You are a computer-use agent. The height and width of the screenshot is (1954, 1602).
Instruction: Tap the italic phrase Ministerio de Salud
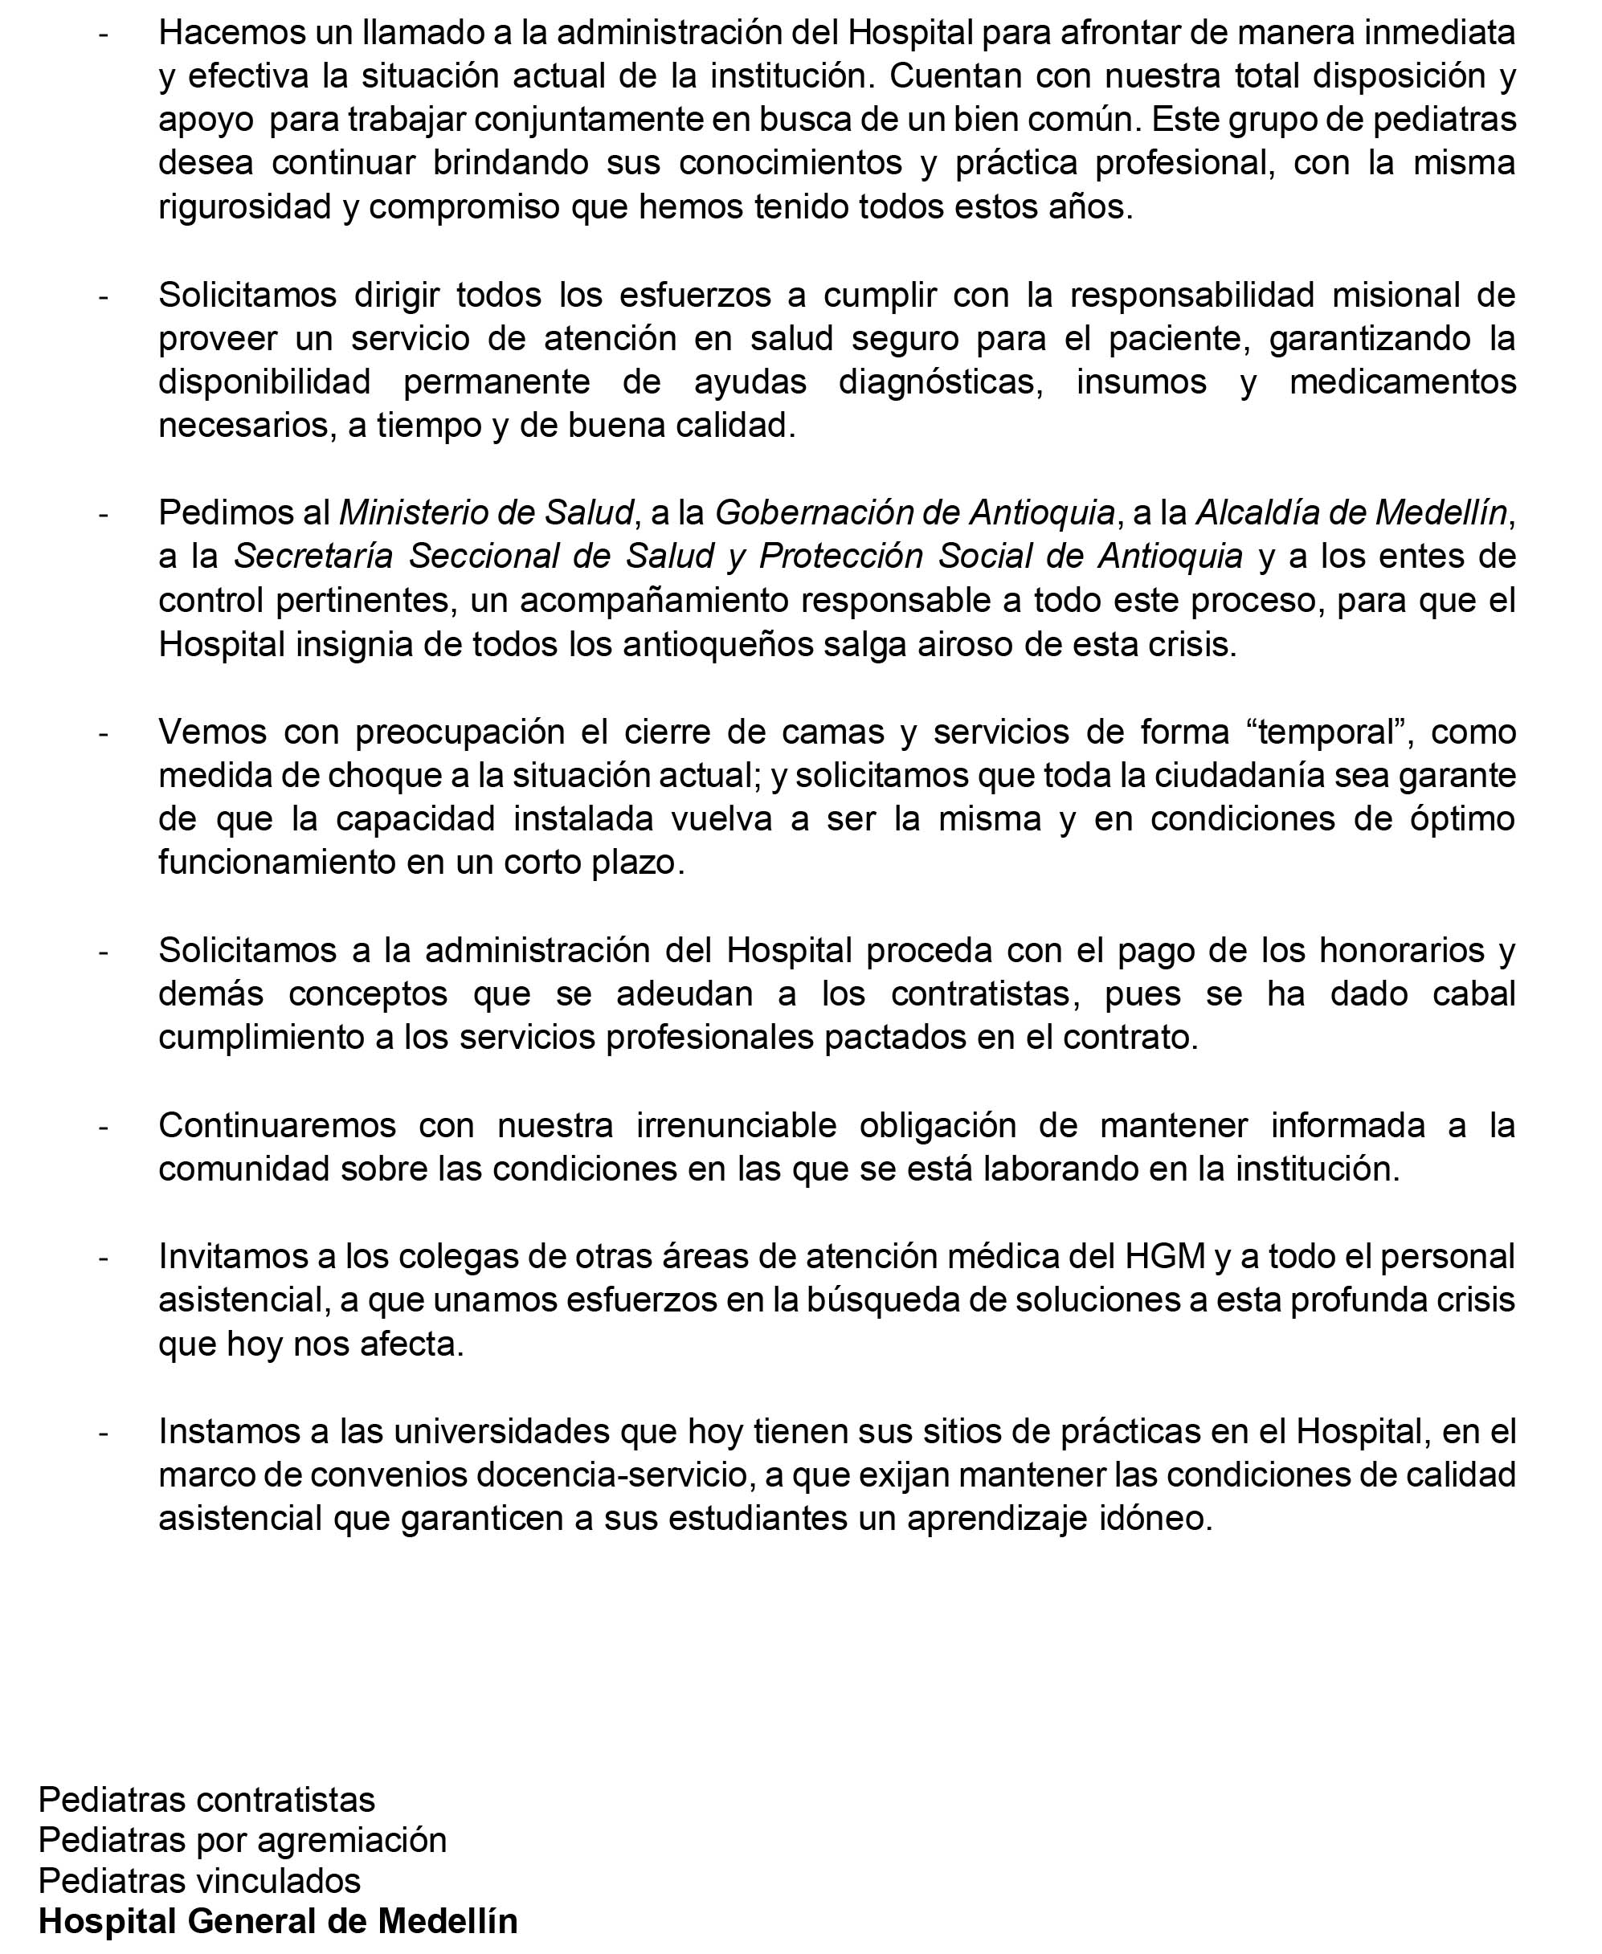487,512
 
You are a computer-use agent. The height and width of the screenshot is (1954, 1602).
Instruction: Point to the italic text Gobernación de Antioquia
914,512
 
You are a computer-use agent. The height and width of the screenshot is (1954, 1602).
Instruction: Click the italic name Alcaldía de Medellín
1352,512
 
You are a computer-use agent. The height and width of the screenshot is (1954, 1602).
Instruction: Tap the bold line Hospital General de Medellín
278,1921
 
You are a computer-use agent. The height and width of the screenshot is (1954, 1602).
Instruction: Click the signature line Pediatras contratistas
206,1799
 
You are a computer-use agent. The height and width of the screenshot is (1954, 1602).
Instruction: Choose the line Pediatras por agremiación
242,1840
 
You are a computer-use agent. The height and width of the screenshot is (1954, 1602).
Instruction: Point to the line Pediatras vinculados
199,1880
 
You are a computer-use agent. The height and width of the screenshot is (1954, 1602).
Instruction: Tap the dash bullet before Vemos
104,733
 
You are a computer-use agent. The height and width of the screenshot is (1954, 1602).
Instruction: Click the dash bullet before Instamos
104,1433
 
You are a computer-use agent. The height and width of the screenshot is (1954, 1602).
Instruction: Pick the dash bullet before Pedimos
104,514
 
